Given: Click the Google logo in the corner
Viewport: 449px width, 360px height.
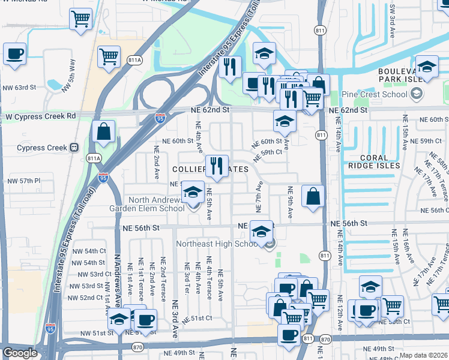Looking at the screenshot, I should click(x=20, y=353).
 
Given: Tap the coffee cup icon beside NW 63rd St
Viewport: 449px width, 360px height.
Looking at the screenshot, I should click(x=14, y=54).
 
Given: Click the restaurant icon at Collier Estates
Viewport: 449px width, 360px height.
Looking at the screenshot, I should click(x=217, y=166).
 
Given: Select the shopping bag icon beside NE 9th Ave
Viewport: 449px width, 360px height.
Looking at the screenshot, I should click(x=313, y=196).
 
